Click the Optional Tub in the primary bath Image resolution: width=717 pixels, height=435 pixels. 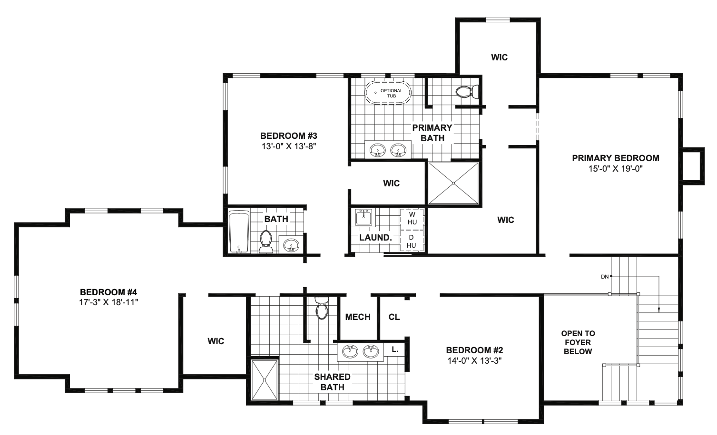388,92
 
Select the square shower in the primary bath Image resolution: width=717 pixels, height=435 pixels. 453,184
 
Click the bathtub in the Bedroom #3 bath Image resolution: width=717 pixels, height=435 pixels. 238,232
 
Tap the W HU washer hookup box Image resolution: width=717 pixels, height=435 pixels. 412,218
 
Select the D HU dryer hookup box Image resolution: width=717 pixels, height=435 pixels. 412,241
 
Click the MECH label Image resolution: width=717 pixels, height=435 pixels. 358,317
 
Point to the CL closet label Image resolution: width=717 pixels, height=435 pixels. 394,317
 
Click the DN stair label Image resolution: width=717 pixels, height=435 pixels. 605,276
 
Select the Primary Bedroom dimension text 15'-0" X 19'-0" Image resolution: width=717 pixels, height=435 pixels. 616,168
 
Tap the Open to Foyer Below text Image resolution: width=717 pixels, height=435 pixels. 578,342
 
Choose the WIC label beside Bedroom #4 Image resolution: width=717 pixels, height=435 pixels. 216,341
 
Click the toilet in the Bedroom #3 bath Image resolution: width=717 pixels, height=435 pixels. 266,241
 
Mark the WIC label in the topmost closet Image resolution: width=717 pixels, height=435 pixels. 500,58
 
